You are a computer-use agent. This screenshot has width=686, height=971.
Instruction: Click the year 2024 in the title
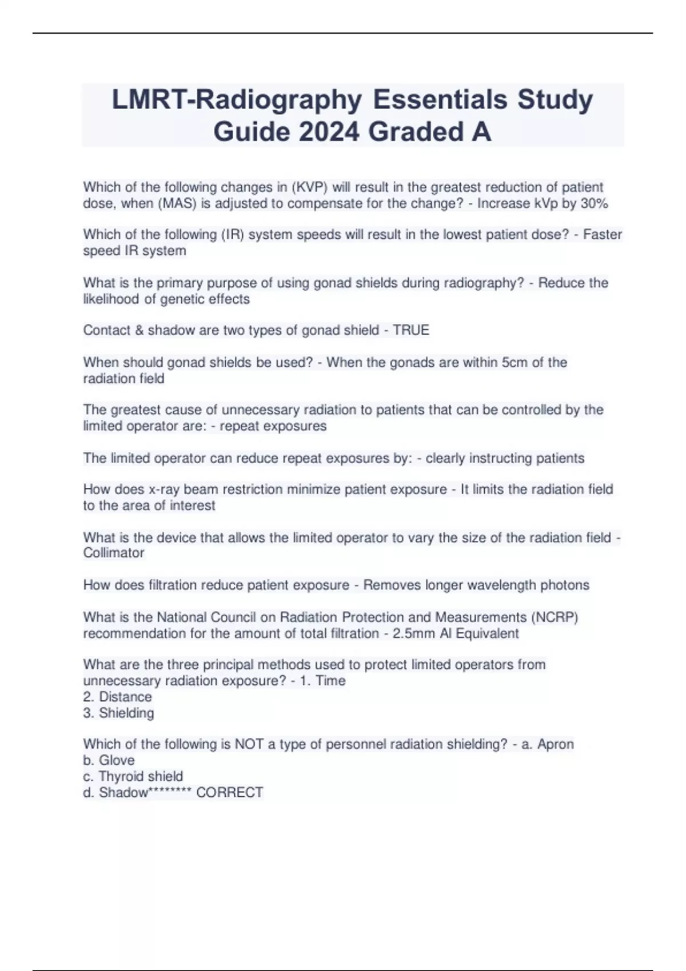pyautogui.click(x=329, y=132)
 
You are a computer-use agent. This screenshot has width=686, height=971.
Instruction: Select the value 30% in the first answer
pyautogui.click(x=594, y=203)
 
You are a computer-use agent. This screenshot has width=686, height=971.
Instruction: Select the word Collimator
pyautogui.click(x=114, y=553)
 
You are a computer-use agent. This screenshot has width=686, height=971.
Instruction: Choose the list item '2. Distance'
pyautogui.click(x=118, y=697)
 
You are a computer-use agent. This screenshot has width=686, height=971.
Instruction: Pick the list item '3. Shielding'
pyautogui.click(x=118, y=713)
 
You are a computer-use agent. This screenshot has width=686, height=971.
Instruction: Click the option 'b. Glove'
pyautogui.click(x=109, y=760)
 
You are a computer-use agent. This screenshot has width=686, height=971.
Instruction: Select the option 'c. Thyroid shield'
pyautogui.click(x=133, y=776)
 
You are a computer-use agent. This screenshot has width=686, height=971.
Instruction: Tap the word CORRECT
pyautogui.click(x=229, y=792)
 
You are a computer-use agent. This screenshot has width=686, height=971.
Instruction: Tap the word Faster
pyautogui.click(x=603, y=234)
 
